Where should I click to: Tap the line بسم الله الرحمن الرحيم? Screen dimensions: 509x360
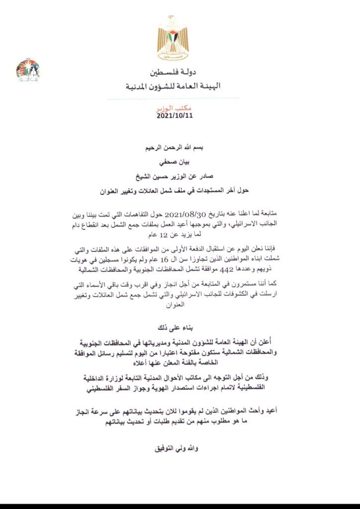pos(174,148)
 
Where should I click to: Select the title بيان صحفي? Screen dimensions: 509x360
pos(174,162)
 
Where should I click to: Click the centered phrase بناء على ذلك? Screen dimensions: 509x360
pos(174,328)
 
